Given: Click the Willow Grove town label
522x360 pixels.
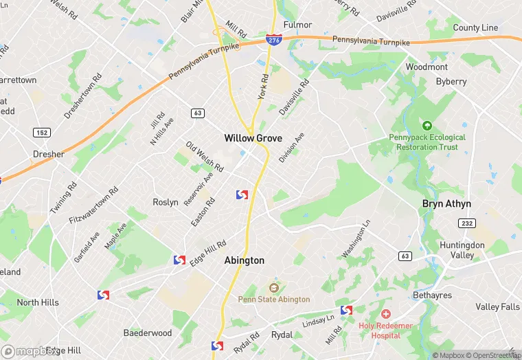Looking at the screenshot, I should tap(253, 138).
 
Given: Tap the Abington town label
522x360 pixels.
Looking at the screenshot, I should tap(244, 260).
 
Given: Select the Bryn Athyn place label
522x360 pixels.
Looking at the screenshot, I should tap(446, 204).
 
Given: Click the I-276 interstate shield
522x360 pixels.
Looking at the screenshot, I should tap(273, 41).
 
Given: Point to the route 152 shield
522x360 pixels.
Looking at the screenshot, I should tap(42, 131).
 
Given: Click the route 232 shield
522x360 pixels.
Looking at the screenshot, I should tap(467, 224).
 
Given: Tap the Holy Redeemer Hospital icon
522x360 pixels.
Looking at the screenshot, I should tap(386, 314).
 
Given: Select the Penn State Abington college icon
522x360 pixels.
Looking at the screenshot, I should tap(274, 287).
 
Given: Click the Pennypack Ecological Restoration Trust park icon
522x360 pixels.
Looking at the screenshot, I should tap(427, 126).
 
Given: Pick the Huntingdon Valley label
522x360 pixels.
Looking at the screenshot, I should tap(462, 250).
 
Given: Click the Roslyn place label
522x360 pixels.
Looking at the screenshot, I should tap(166, 202).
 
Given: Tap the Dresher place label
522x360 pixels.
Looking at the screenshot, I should tap(49, 155).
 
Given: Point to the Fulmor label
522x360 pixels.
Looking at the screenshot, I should tap(297, 25).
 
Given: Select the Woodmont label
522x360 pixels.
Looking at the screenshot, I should tap(427, 67).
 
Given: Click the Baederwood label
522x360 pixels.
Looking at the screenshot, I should tap(148, 333).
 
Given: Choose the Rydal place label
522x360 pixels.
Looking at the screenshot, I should tap(282, 335).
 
